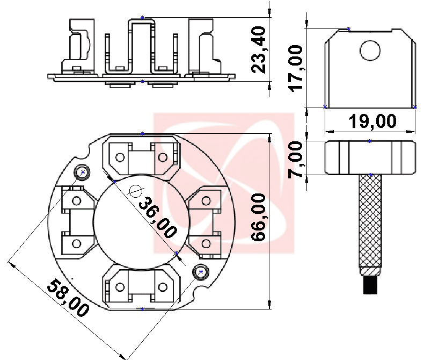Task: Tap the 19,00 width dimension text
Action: pyautogui.click(x=372, y=121)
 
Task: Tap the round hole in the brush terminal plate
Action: pyautogui.click(x=369, y=51)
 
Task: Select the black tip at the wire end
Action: pyautogui.click(x=371, y=284)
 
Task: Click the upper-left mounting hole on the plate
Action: pyautogui.click(x=83, y=172)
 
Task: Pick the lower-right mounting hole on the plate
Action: pyautogui.click(x=201, y=272)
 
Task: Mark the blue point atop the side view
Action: pyautogui.click(x=142, y=18)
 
